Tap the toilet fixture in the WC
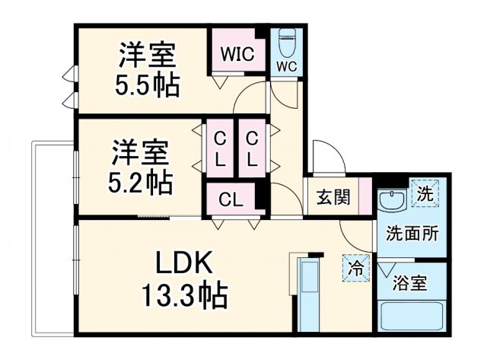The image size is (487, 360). coord(287,42)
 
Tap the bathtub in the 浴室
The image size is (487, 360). coord(411,317)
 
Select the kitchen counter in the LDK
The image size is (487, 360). coord(309,294)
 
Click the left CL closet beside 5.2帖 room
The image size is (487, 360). coord(219,149)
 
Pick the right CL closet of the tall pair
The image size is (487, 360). coord(251,149)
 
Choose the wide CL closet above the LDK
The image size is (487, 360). coord(231,200)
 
